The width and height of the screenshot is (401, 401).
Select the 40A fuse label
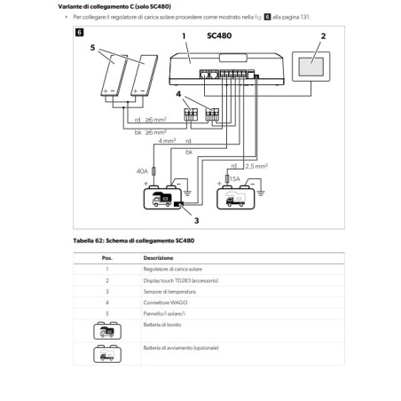coord(141,172)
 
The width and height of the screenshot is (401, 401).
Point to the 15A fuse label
coord(234,179)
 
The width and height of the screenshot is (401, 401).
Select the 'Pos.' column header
coord(106,257)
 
